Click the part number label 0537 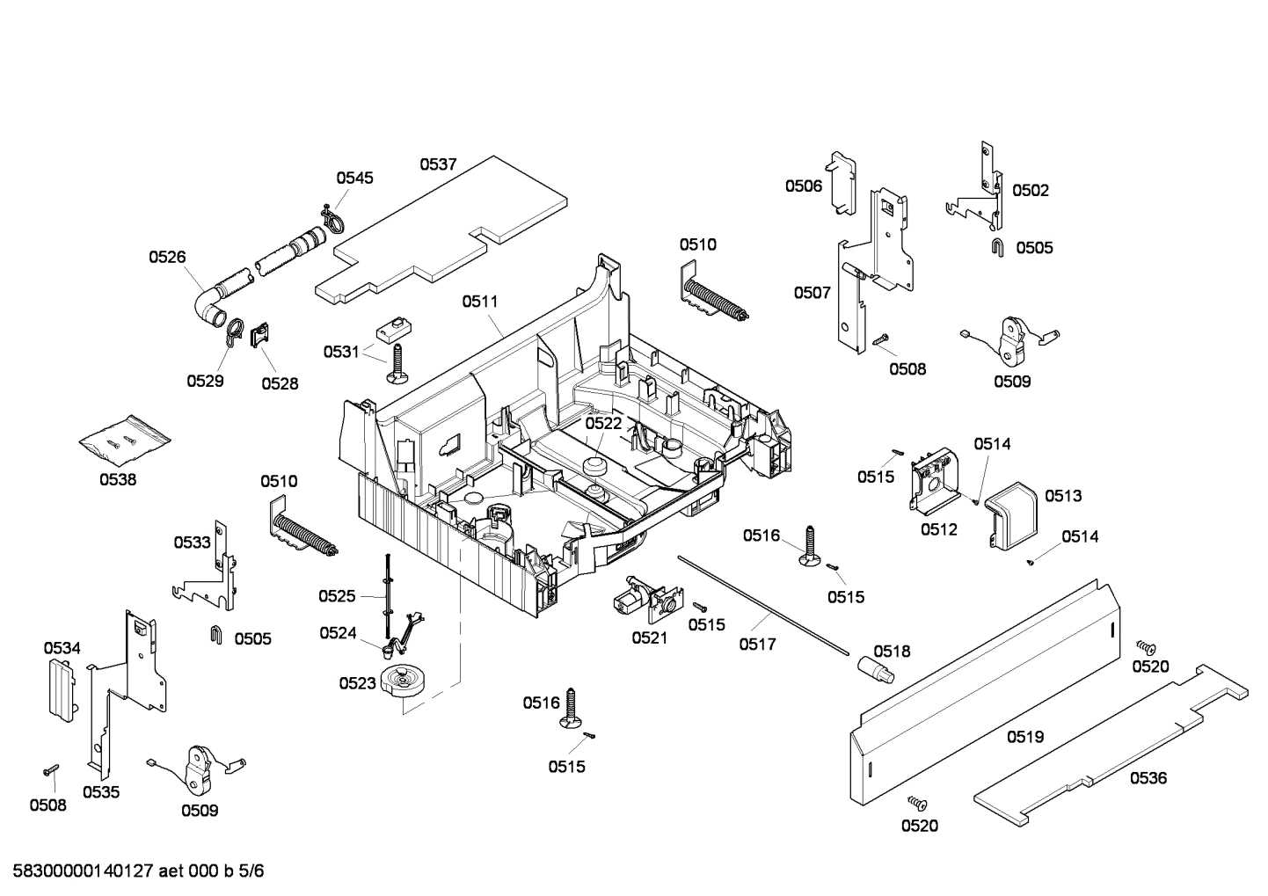pyautogui.click(x=437, y=164)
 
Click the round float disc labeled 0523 pyautogui.click(x=404, y=682)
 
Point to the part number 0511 pyautogui.click(x=480, y=302)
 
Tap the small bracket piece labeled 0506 pyautogui.click(x=843, y=180)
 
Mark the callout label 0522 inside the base pyautogui.click(x=603, y=423)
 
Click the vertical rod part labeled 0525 pyautogui.click(x=386, y=598)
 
